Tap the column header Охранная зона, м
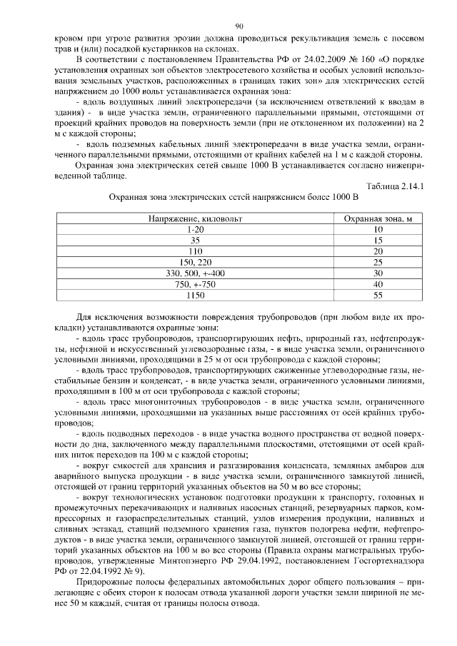click(378, 219)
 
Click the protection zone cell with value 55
click(378, 294)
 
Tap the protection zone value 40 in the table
click(378, 283)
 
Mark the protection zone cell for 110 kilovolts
click(378, 251)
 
